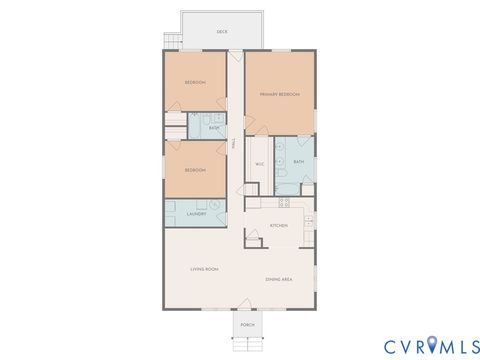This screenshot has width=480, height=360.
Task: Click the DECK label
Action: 221,32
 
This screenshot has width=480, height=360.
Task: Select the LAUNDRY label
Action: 196,213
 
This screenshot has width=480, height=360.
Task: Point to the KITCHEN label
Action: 279,226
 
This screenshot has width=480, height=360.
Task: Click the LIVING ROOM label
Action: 205,270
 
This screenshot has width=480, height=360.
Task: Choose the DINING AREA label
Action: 279,279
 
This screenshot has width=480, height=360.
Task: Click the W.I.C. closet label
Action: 259,163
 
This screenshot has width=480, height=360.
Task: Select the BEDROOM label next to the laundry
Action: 195,170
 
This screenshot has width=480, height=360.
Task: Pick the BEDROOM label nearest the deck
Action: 195,82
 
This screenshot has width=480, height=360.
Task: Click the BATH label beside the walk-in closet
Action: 299,161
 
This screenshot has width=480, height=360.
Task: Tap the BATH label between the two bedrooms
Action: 215,127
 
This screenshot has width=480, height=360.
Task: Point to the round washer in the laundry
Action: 213,205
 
